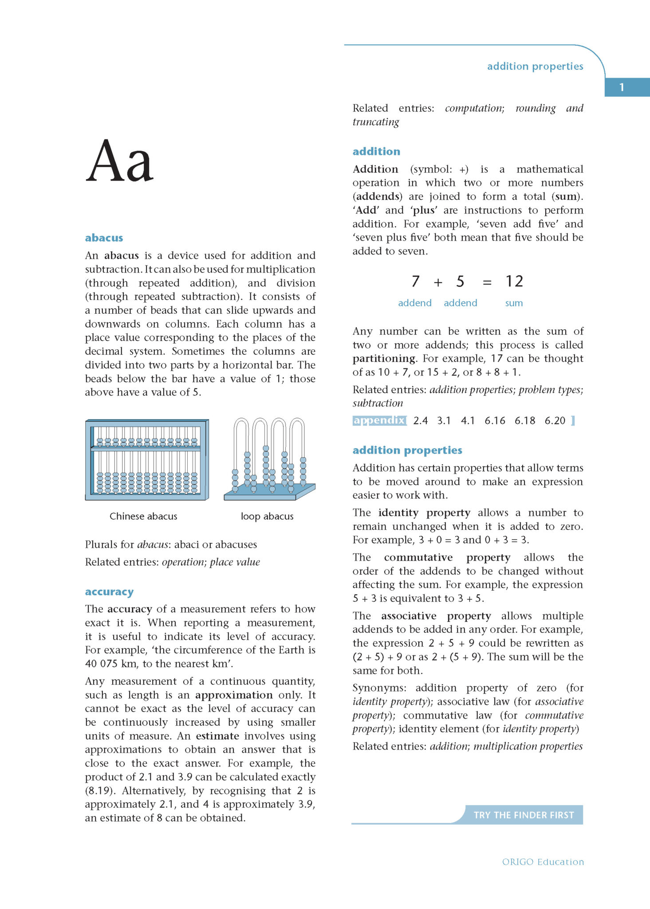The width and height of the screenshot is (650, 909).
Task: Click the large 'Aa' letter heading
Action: coord(119,161)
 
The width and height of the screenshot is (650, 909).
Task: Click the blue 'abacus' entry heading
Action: coord(104,238)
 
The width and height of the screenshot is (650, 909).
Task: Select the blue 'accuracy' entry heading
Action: coord(109,592)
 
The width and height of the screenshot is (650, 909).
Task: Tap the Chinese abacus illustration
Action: coord(147,460)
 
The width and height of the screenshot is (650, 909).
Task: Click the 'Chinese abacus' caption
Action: coord(143,516)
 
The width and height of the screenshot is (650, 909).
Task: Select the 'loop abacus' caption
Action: coord(267,516)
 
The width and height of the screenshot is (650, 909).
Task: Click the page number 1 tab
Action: coord(622,87)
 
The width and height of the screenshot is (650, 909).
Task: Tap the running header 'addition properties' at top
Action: coord(535,66)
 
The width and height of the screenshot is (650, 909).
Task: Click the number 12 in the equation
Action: coord(514,281)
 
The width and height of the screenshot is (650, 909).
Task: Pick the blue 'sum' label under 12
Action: coord(514,303)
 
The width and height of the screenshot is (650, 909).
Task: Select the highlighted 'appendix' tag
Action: coord(379,420)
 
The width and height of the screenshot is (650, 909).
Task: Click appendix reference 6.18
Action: coord(524,421)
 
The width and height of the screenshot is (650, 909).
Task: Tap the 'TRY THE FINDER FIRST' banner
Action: coord(524,815)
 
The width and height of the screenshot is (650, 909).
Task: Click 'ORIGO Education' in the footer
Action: coord(543,862)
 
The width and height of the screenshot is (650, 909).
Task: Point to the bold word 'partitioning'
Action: coord(384,359)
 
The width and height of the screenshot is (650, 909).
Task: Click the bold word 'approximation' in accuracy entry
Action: coord(234,695)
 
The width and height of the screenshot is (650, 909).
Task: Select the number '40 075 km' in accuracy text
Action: coord(111,664)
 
